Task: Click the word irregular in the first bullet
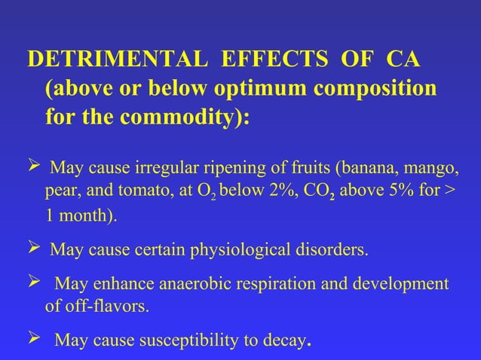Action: point(164,166)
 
